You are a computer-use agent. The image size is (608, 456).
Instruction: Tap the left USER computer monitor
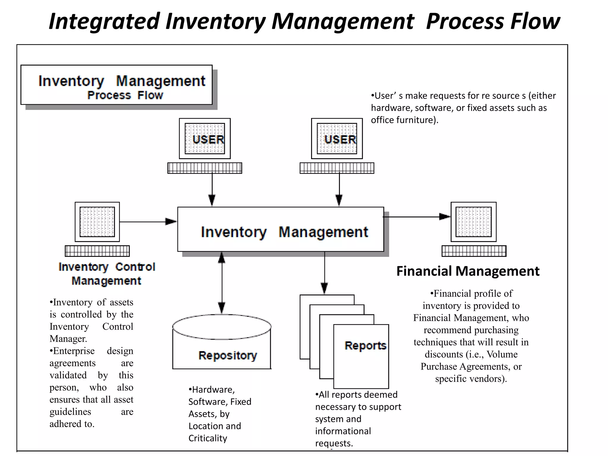coord(205,139)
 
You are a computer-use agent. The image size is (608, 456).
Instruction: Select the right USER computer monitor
coord(337,139)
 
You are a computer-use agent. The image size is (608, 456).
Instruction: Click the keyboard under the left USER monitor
coord(205,168)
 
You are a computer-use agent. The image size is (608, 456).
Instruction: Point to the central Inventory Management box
coord(281,229)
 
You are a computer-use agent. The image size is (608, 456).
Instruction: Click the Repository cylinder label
coord(228,355)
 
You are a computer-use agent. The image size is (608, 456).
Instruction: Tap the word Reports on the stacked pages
coord(365,346)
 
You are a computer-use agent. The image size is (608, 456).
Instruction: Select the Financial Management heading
coord(468,271)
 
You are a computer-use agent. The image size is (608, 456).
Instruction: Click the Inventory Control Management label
coord(107,273)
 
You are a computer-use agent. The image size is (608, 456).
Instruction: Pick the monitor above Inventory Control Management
coord(97,222)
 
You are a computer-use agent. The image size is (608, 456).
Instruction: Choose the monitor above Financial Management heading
coord(474,222)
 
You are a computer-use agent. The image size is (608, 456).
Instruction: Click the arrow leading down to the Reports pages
coord(324,273)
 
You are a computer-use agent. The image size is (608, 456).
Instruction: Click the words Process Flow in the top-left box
coord(125,95)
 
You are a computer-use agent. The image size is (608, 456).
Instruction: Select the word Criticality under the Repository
coord(208,438)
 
